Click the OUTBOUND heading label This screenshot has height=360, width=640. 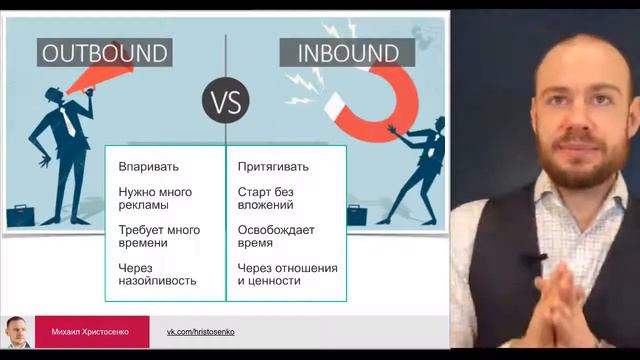pyautogui.click(x=103, y=52)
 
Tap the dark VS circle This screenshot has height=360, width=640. pyautogui.click(x=225, y=102)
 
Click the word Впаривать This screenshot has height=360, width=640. pyautogui.click(x=149, y=166)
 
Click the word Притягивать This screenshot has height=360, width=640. pyautogui.click(x=273, y=166)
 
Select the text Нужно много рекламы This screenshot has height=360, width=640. pyautogui.click(x=155, y=198)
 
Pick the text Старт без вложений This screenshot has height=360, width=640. pyautogui.click(x=266, y=198)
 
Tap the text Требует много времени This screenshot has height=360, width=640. pyautogui.click(x=159, y=236)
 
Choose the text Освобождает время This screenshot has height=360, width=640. pyautogui.click(x=276, y=236)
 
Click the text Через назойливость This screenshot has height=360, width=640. pyautogui.click(x=157, y=274)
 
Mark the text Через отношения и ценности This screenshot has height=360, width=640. pyautogui.click(x=287, y=274)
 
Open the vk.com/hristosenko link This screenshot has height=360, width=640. pyautogui.click(x=200, y=331)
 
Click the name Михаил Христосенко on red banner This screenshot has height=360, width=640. pyautogui.click(x=91, y=331)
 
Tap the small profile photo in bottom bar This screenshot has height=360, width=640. pyautogui.click(x=17, y=331)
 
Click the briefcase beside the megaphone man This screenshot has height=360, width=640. pyautogui.click(x=21, y=214)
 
